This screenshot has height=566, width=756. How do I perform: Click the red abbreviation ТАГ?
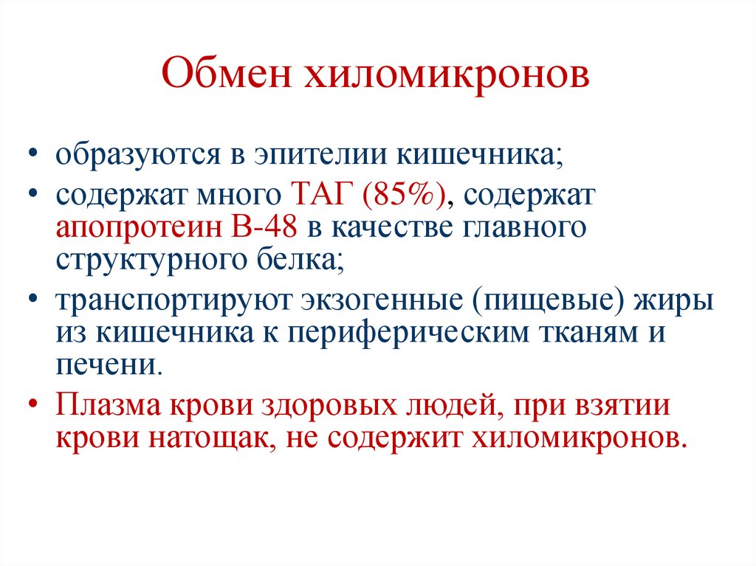click(x=315, y=196)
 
